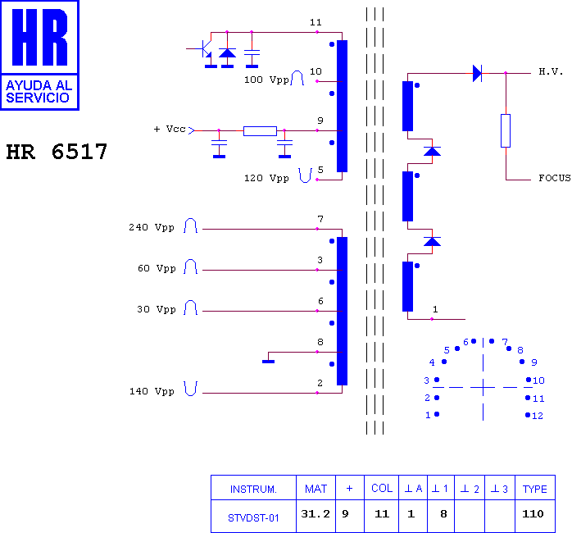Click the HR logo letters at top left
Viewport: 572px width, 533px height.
(x=40, y=37)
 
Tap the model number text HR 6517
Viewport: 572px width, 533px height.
(x=57, y=152)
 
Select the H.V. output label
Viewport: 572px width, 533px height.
(x=551, y=71)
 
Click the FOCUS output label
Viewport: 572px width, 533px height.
(x=555, y=178)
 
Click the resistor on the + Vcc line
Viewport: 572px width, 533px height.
(x=260, y=130)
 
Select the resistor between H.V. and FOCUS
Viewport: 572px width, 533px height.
(x=506, y=130)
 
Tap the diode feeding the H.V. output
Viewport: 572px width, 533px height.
(x=478, y=73)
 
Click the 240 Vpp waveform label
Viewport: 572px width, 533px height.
(x=152, y=227)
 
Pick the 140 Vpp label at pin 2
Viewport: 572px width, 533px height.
(x=152, y=391)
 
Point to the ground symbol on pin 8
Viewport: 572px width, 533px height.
(x=269, y=362)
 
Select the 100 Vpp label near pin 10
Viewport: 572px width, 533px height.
(x=266, y=80)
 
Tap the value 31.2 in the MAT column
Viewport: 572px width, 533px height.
(x=316, y=513)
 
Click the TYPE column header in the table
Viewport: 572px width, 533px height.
(x=535, y=489)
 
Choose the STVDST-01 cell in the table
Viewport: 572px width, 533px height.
(x=253, y=517)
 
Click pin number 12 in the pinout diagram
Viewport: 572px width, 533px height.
(x=538, y=416)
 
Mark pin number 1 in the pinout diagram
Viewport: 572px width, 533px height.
(x=428, y=415)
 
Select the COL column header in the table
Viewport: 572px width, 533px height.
(x=382, y=489)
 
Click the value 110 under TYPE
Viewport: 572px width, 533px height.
(x=533, y=513)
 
